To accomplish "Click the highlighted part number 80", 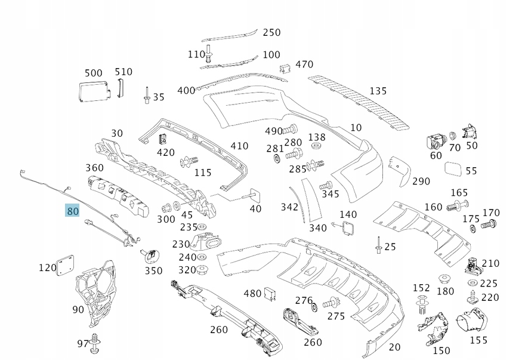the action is pos(72,210).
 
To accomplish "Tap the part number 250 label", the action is pos(271,32).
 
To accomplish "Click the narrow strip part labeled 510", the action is pos(119,88).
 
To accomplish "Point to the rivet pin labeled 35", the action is pos(147,95).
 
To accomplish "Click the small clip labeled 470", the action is pos(285,69).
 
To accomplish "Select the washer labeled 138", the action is pos(317,146).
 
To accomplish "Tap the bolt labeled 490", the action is pos(291,129).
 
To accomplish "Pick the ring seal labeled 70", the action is pos(453,136).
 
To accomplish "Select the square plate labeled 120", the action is pos(65,265).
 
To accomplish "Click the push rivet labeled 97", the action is pos(95,343).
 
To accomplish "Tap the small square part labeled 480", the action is pos(270,294).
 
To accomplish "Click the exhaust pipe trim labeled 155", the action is pos(472,320).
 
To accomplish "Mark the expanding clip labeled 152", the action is pos(422,304).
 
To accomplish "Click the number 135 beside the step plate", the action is pos(378,91).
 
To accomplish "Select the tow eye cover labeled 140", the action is pos(348,228).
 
